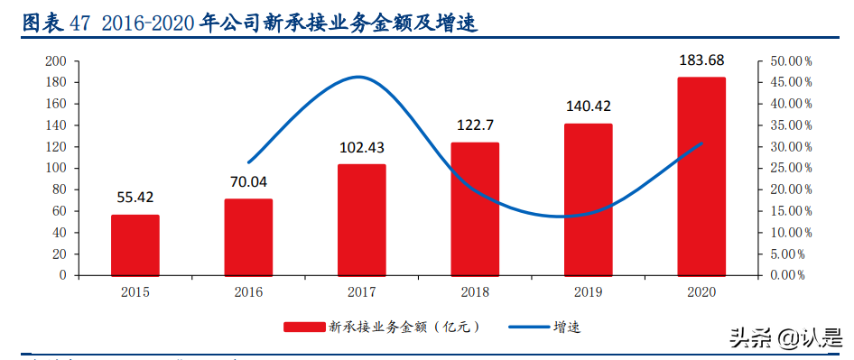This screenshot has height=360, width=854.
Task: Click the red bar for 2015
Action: tap(135, 245)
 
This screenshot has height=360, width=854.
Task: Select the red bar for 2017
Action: tap(361, 219)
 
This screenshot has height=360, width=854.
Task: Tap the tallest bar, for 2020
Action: tap(701, 176)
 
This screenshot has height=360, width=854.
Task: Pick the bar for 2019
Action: tap(588, 199)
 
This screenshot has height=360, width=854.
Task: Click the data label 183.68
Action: tap(701, 60)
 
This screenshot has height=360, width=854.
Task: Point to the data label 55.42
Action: tap(135, 197)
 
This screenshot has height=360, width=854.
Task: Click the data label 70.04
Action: tap(248, 181)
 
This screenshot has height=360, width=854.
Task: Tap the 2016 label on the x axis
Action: tap(248, 291)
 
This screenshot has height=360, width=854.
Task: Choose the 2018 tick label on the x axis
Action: tap(474, 291)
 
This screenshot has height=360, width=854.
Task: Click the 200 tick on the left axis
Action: tap(56, 61)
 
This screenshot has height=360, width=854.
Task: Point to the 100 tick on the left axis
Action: tap(56, 168)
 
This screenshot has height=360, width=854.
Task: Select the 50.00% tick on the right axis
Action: tap(791, 61)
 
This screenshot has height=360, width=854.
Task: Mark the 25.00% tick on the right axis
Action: tap(791, 168)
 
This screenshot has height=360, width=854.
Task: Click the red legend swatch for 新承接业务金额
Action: tap(302, 326)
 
